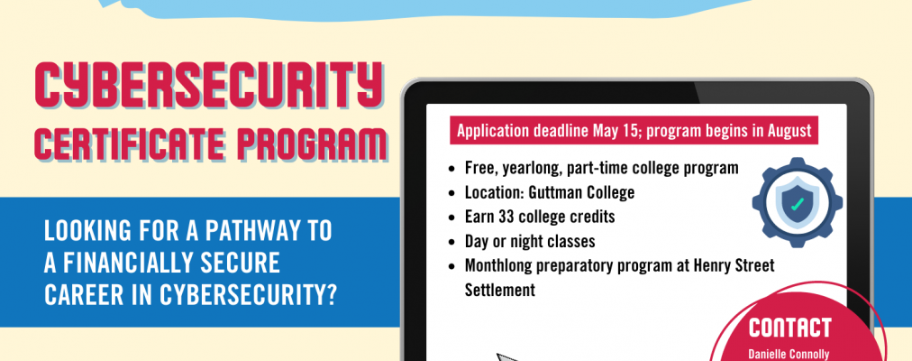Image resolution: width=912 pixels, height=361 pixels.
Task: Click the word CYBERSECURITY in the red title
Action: pos(208,86)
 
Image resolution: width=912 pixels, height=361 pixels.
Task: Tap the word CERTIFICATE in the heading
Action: pos(132,143)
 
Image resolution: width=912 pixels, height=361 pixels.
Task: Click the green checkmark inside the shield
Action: pos(797,204)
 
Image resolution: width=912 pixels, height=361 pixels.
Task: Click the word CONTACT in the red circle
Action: pos(789,328)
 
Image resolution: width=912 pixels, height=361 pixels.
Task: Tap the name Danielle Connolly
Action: pos(789,354)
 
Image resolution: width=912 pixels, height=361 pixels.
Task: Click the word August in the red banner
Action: pos(789,131)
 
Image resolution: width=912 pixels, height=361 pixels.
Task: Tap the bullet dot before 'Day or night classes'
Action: pos(451,241)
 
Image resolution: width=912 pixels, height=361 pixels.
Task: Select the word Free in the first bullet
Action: pos(477,168)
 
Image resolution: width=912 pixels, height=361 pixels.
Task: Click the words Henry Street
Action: pos(734,265)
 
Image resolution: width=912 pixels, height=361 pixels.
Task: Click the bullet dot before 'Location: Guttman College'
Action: pos(451,193)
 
